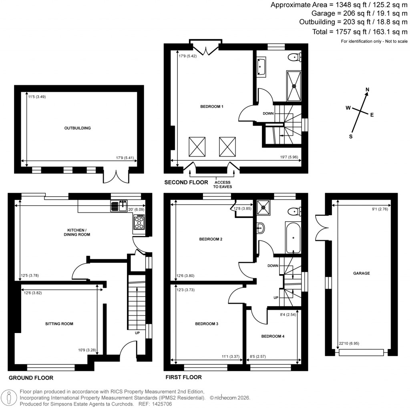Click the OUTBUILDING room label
point(78,128)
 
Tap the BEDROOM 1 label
point(211,107)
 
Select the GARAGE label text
point(361,273)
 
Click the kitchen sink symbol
point(119,206)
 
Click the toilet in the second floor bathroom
point(295,57)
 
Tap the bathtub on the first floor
point(293,237)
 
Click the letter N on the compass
point(368,90)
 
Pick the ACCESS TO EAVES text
point(222,184)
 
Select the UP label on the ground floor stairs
point(137,332)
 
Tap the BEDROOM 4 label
point(273,336)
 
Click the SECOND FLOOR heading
point(186,182)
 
